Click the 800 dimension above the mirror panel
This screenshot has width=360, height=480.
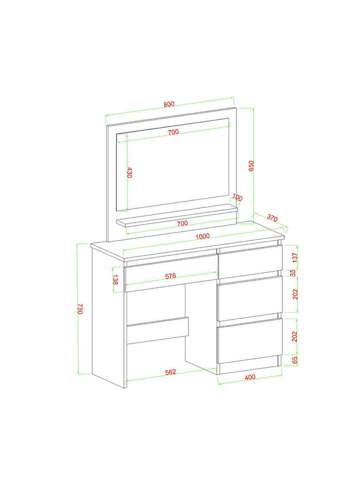tap(169, 104)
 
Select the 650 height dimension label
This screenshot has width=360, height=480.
tap(251, 166)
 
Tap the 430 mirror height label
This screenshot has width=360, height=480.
tap(130, 173)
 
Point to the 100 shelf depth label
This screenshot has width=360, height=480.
tap(238, 197)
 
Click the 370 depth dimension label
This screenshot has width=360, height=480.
tap(272, 218)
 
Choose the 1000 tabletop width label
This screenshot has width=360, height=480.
tap(203, 236)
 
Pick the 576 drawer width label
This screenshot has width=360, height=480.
tap(170, 276)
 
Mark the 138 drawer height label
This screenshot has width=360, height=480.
tap(116, 280)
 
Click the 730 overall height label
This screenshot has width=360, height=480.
tap(80, 309)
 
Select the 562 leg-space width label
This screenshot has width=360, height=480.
tap(170, 372)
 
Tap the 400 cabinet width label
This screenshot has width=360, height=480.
tap(250, 377)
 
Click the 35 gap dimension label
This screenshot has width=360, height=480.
tap(293, 273)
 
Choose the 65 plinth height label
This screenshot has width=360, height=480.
tap(295, 360)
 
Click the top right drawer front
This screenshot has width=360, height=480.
tap(250, 262)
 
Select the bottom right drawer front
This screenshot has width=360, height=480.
tap(250, 341)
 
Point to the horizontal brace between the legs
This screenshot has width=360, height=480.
tap(158, 330)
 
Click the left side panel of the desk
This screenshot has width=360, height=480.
tap(109, 318)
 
